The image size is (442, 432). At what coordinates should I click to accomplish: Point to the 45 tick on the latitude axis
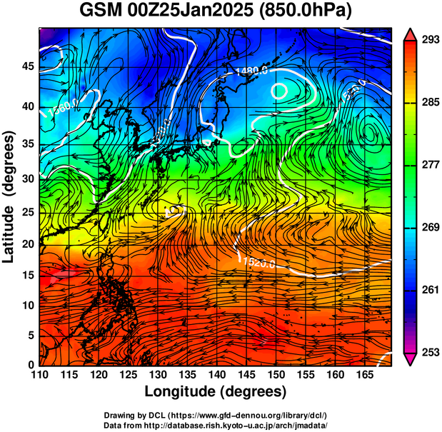[x=29, y=66]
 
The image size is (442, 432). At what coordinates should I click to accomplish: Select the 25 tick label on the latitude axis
[x=29, y=214]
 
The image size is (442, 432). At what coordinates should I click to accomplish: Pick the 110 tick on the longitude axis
[x=39, y=375]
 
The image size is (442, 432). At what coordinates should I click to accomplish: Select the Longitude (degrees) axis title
[x=216, y=391]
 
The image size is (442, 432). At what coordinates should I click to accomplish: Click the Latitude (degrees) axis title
[x=10, y=196]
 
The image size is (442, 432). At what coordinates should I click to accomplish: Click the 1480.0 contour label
[x=251, y=71]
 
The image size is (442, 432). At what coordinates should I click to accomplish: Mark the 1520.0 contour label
[x=258, y=263]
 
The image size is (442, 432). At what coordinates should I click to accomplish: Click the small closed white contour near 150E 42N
[x=279, y=91]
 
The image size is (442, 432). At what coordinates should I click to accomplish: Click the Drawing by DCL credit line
[x=216, y=415]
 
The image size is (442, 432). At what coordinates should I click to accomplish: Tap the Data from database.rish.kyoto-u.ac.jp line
[x=216, y=424]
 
